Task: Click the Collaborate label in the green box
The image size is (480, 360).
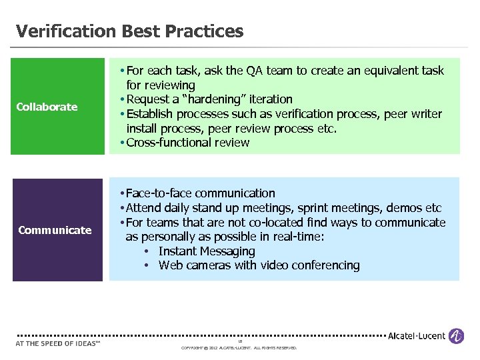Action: pos(47,107)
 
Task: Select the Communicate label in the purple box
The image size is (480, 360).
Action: pos(55,230)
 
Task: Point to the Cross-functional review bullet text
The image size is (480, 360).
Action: pos(187,142)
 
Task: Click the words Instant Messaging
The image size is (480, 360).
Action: pos(207,251)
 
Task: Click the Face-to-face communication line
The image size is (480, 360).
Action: pos(200,193)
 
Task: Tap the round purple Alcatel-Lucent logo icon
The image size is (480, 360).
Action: pos(457,336)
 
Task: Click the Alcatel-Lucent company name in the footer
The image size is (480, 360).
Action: pos(417,336)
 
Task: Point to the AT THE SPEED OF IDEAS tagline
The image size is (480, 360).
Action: pos(57,344)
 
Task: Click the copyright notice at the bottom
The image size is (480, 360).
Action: pos(239,348)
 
